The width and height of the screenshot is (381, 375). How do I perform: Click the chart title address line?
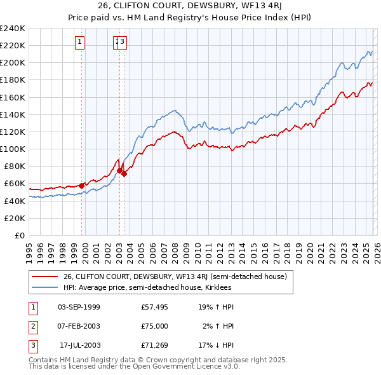tap(190, 7)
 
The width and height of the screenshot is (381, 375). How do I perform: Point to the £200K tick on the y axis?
tap(13, 63)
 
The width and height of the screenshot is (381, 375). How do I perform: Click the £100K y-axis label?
tap(13, 149)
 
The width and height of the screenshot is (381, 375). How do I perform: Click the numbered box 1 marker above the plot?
tap(79, 43)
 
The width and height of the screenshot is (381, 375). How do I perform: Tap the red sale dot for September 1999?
tap(82, 185)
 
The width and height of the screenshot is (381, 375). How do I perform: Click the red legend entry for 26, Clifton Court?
tap(175, 276)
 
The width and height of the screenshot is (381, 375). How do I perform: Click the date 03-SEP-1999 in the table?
tap(79, 307)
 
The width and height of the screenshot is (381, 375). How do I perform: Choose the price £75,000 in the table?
tap(155, 326)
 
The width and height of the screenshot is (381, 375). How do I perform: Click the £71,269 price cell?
tap(155, 345)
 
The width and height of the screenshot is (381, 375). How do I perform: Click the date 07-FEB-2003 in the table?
tap(79, 326)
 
